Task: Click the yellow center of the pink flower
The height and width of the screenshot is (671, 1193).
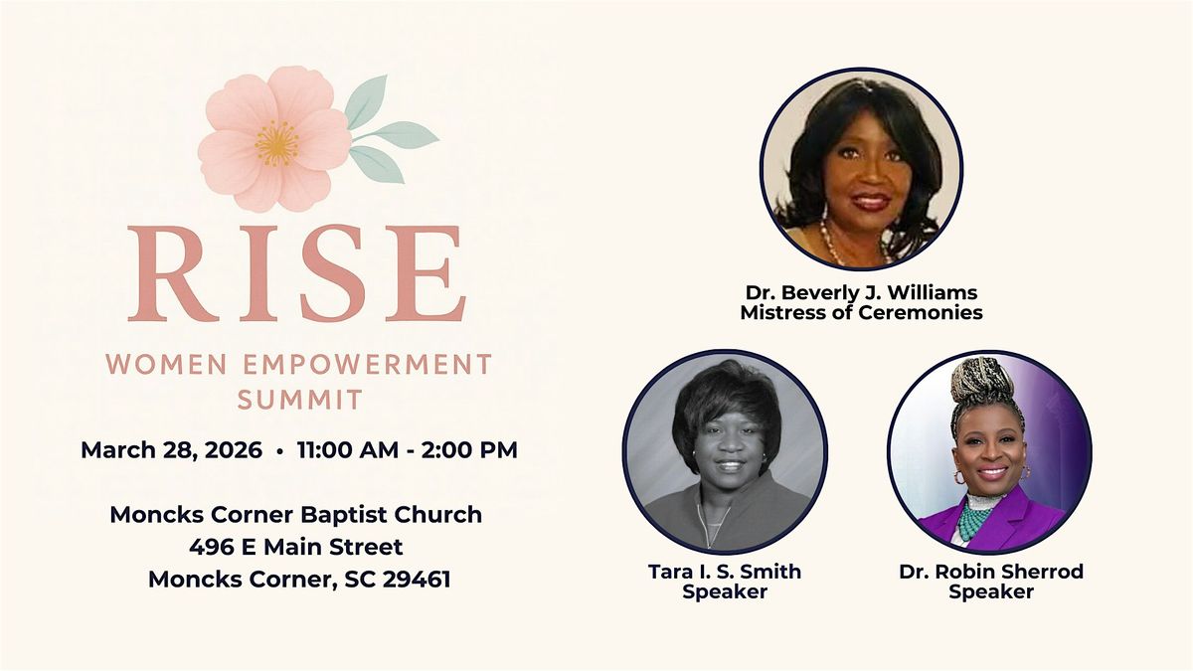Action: pyautogui.click(x=277, y=143)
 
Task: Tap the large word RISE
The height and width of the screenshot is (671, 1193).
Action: pyautogui.click(x=296, y=273)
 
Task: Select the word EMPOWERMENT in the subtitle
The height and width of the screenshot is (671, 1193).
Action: pyautogui.click(x=367, y=365)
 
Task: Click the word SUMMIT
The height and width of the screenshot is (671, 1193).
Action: pyautogui.click(x=300, y=400)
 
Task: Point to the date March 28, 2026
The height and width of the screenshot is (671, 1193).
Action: pyautogui.click(x=171, y=450)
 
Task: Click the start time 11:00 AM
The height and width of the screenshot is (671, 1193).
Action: pyautogui.click(x=348, y=450)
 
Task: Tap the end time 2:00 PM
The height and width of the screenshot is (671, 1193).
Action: pyautogui.click(x=469, y=450)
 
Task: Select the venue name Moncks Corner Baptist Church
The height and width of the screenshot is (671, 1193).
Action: pyautogui.click(x=296, y=515)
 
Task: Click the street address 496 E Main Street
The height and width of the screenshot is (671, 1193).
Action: pyautogui.click(x=296, y=547)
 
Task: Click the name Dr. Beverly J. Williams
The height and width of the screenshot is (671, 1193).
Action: pyautogui.click(x=861, y=293)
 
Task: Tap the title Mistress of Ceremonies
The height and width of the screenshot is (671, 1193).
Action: pyautogui.click(x=861, y=312)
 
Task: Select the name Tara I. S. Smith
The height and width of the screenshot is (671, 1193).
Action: pyautogui.click(x=725, y=572)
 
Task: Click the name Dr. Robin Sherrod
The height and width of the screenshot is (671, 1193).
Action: pyautogui.click(x=991, y=572)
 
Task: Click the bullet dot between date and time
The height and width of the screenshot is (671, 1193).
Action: pyautogui.click(x=280, y=451)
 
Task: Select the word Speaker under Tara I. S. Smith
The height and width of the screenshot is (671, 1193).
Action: pyautogui.click(x=725, y=591)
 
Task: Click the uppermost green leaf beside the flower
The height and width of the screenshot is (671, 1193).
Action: pyautogui.click(x=367, y=101)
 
